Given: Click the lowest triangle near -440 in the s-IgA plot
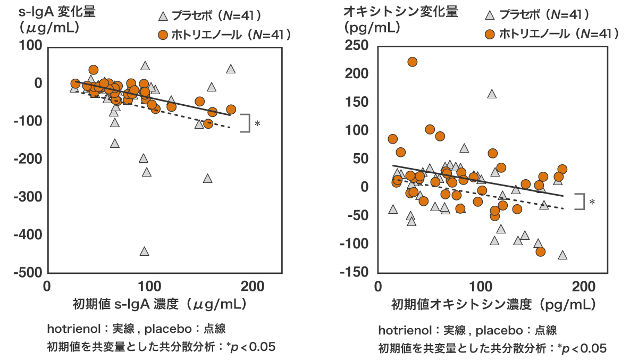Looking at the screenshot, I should (144, 252).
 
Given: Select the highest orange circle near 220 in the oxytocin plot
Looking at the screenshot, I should (412, 62).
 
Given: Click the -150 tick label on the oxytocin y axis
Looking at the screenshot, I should (357, 272).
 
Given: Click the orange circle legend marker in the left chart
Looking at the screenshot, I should (164, 35).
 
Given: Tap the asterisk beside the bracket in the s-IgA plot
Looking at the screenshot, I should (257, 124).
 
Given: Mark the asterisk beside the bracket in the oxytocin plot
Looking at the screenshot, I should (592, 203).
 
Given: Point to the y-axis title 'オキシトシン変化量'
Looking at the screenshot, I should (400, 11).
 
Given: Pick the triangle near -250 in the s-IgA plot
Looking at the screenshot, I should (208, 179).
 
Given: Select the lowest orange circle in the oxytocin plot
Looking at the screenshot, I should (541, 251).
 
